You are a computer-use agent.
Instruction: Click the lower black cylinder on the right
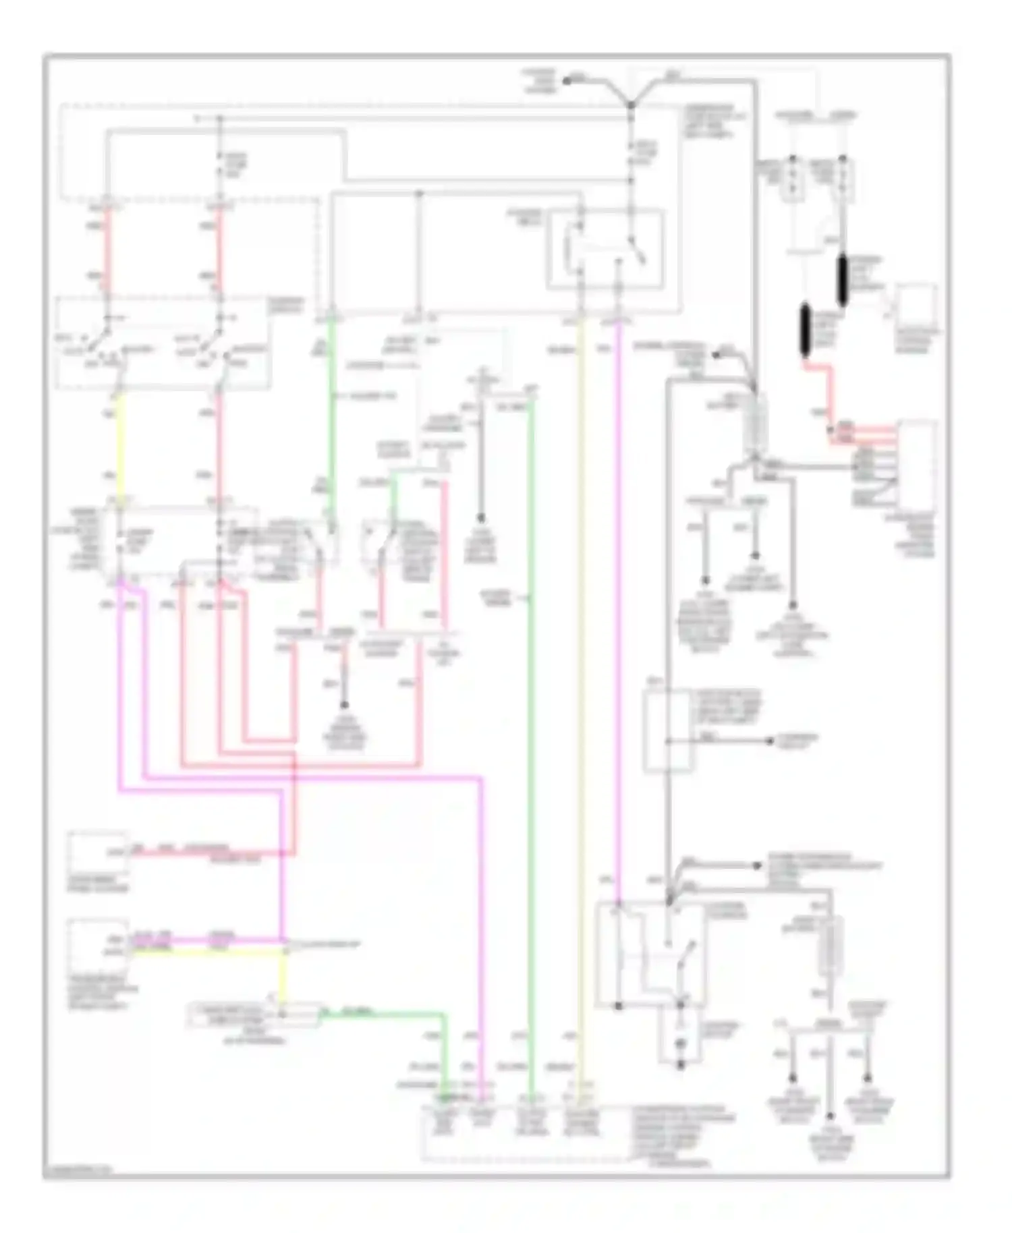805,330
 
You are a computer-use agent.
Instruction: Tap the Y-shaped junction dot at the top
631,105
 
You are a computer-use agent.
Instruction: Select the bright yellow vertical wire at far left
119,445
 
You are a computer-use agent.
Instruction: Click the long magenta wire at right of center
617,607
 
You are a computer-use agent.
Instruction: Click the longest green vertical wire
532,742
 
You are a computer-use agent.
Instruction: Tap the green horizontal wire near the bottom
385,1013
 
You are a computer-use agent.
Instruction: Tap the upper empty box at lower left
99,853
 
